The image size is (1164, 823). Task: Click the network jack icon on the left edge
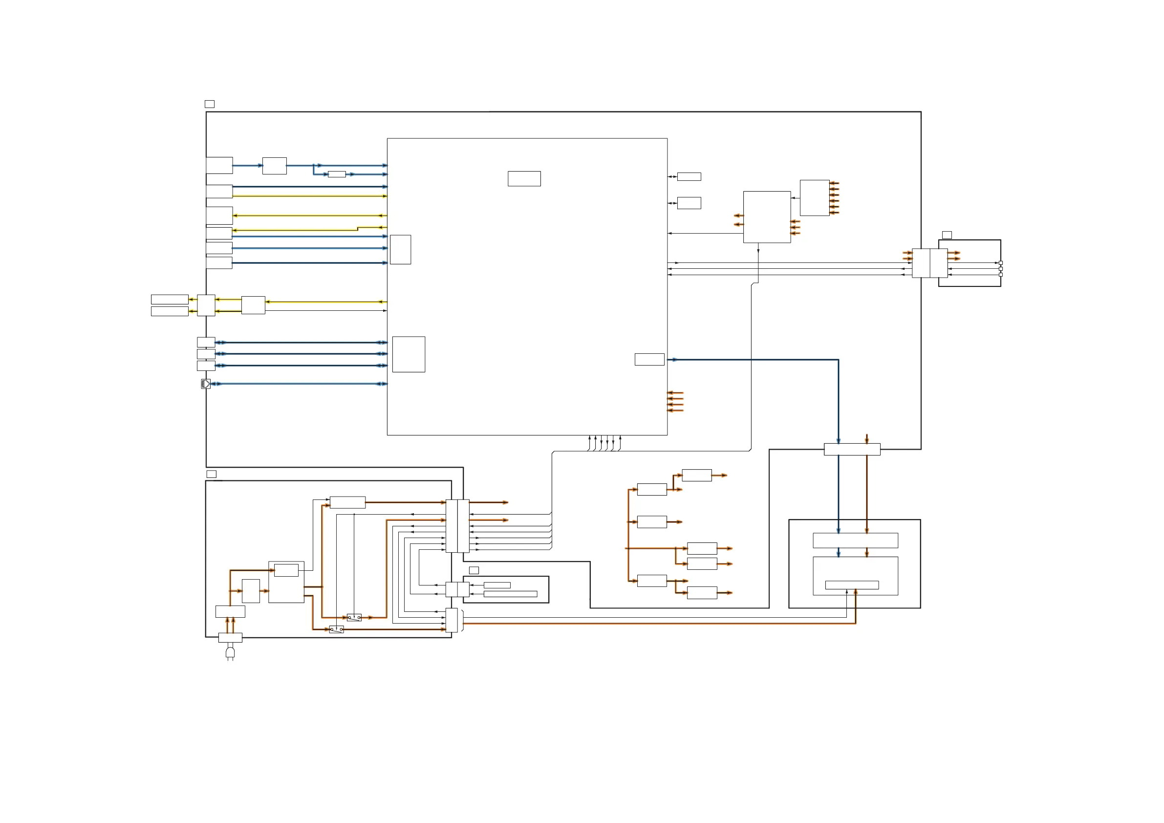205,384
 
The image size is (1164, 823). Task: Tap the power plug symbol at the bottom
230,652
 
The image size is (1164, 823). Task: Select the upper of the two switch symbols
354,618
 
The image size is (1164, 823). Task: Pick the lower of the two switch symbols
336,629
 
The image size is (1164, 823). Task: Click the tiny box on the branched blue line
337,174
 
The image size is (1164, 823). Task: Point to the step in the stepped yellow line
357,229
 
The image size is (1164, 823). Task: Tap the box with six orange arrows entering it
814,198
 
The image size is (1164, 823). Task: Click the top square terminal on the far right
1000,262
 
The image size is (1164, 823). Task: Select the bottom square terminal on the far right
1000,275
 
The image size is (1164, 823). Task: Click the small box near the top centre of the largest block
524,178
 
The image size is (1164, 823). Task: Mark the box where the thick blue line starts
649,360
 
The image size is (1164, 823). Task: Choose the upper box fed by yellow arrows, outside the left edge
170,299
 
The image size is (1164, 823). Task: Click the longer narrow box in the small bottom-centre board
510,594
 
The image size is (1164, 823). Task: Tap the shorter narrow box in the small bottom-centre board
497,585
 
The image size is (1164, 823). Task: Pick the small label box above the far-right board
947,235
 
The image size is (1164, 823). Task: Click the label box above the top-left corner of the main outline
209,104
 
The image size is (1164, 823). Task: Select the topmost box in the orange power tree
696,475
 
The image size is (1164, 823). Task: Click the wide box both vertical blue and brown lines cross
852,449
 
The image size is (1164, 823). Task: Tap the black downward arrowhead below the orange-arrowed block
758,251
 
